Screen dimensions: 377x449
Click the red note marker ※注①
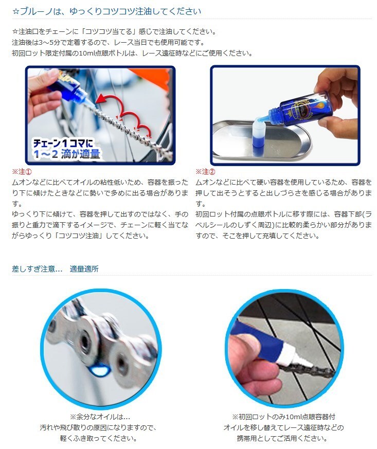(x=22, y=171)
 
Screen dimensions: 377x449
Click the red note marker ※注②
(x=205, y=171)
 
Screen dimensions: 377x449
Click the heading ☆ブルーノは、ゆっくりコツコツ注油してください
(x=107, y=11)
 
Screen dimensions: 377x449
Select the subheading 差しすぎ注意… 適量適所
(x=55, y=269)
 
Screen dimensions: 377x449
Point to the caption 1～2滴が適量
(x=66, y=154)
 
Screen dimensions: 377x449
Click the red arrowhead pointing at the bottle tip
(x=100, y=99)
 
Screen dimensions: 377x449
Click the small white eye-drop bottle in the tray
(x=260, y=134)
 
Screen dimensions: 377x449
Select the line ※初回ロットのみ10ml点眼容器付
(x=283, y=417)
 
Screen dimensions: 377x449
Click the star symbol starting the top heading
(x=16, y=12)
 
